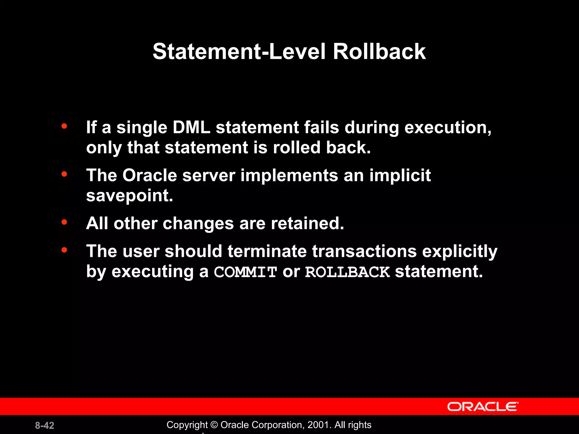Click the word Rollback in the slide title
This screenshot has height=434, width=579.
coord(379,52)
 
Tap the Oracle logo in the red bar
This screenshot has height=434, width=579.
coord(483,407)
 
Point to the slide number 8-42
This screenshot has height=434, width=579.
coord(45,426)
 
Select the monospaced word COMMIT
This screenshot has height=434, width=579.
coord(245,272)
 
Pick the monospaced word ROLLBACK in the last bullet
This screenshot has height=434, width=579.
coord(347,272)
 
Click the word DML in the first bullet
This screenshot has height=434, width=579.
coord(191,127)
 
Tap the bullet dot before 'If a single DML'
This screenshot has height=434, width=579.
coord(64,126)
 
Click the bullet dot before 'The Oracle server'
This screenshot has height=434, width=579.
coord(64,174)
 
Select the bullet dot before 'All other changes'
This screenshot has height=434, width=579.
coord(64,222)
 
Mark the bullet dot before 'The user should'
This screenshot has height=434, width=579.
coord(64,250)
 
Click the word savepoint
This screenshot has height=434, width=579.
coord(129,196)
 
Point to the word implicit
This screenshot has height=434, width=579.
coord(400,175)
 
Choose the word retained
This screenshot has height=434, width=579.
coord(307,223)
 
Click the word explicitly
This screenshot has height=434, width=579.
coord(460,251)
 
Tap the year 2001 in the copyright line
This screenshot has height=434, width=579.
coord(318,425)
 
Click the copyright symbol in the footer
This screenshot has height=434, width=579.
coord(214,425)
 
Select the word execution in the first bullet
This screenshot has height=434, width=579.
coord(448,127)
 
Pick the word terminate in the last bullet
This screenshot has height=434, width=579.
coord(267,251)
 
